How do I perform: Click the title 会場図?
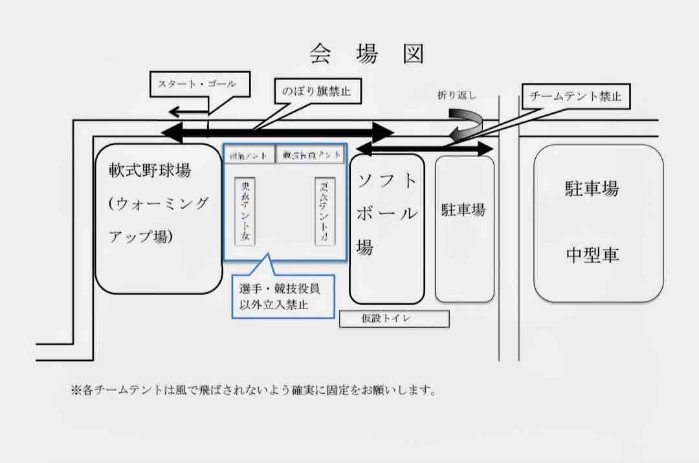point(366,54)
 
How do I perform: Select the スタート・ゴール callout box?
point(197,84)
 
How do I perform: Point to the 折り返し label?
point(456,96)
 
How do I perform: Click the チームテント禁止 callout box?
point(575,97)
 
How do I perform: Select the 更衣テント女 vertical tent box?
point(245,211)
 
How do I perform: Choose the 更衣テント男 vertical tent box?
point(324,211)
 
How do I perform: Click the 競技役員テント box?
point(311,155)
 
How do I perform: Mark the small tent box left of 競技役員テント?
point(249,155)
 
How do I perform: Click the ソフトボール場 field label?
point(386,213)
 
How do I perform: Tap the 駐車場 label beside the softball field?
point(463,210)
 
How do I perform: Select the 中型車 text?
point(592,255)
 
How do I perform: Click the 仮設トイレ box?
point(394,319)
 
